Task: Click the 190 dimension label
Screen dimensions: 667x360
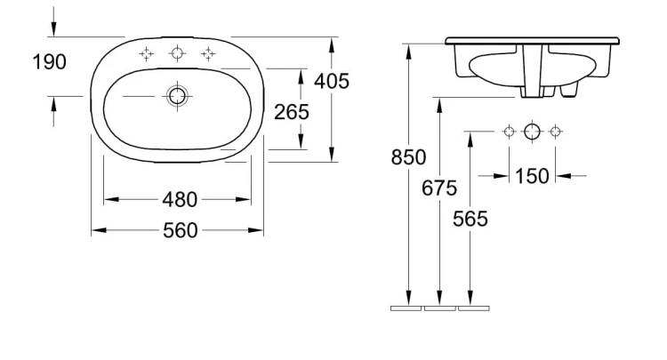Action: (x=50, y=62)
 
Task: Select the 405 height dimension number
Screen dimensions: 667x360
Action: (x=332, y=81)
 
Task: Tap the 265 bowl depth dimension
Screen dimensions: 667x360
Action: (x=292, y=112)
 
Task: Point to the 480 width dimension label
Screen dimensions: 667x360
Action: (x=180, y=199)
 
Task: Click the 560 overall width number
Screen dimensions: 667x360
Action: (x=181, y=230)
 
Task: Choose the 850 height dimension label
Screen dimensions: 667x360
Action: (x=408, y=157)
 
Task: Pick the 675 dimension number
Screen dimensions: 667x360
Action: (x=439, y=188)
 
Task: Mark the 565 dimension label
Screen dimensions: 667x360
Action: (x=470, y=219)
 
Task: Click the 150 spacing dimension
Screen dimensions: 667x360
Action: (x=532, y=176)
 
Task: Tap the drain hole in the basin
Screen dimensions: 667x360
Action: (x=177, y=96)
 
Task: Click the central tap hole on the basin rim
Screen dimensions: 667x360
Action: (x=177, y=53)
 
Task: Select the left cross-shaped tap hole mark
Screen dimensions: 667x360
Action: (x=147, y=54)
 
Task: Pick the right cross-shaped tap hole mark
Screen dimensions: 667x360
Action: (x=208, y=54)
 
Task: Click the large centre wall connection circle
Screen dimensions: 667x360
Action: (x=532, y=132)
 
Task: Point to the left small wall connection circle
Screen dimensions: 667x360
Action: (x=510, y=132)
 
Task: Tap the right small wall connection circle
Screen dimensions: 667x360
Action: (x=555, y=132)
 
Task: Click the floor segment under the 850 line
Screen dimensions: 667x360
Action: (x=406, y=308)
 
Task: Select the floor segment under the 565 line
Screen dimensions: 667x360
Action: (x=474, y=308)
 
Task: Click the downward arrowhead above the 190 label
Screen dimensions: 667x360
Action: (x=53, y=29)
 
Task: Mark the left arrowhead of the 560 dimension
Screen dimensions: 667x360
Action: (x=99, y=230)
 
